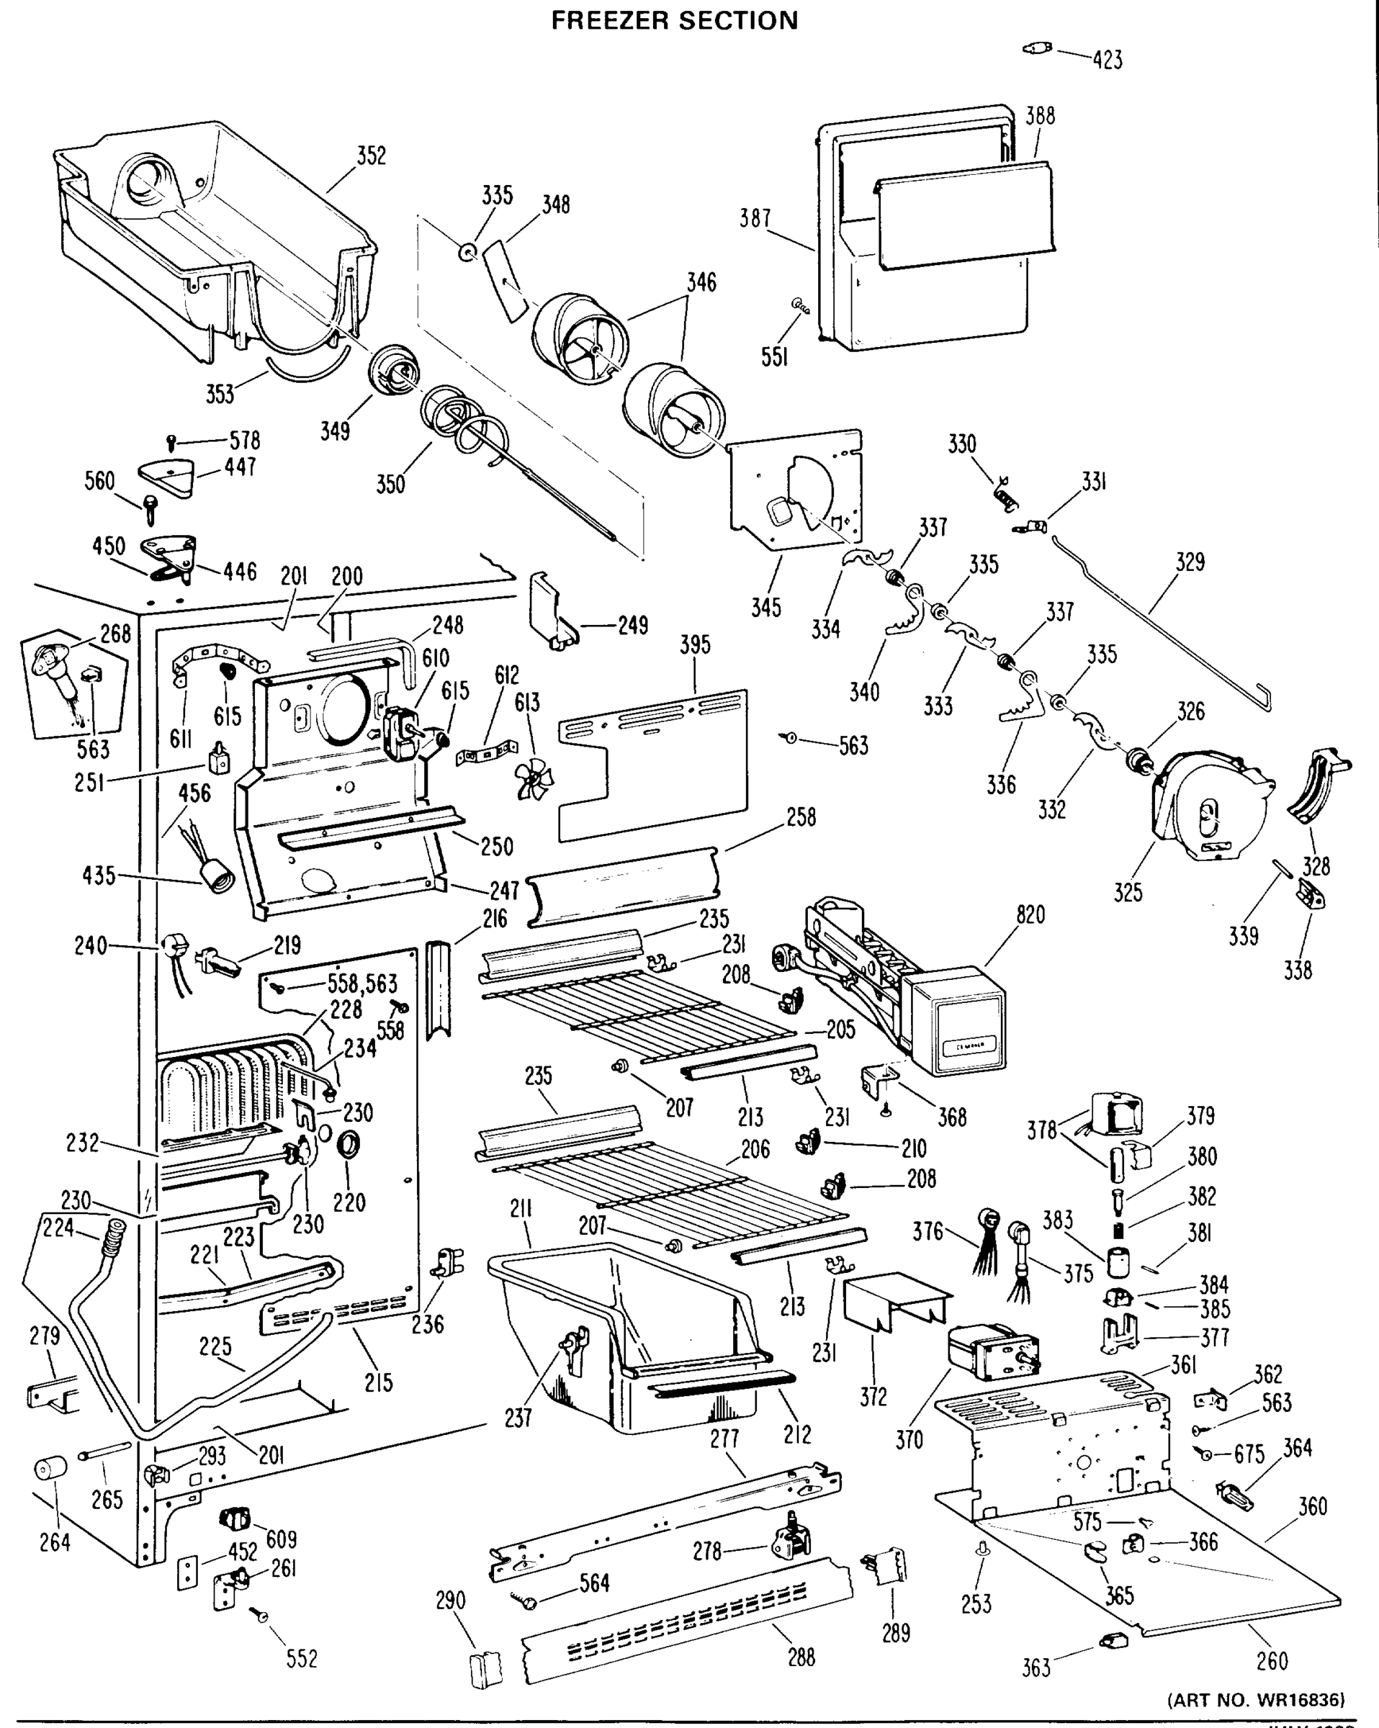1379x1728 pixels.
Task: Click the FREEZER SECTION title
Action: click(674, 20)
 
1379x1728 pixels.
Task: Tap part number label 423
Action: click(1108, 60)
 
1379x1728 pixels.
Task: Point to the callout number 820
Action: click(1030, 914)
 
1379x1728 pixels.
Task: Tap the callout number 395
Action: click(694, 645)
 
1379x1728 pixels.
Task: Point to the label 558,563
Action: click(361, 984)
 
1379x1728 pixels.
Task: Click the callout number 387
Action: click(755, 218)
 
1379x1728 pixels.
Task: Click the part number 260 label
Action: click(1272, 1660)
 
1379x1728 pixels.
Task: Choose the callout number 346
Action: click(701, 282)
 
